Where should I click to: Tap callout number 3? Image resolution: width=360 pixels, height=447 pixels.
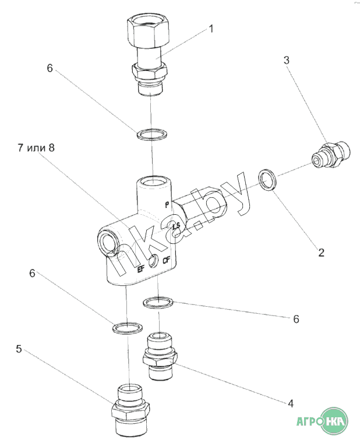click(x=287, y=60)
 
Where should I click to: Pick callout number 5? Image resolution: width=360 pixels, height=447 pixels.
click(x=19, y=349)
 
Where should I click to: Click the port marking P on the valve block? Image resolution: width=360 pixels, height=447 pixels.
click(x=167, y=204)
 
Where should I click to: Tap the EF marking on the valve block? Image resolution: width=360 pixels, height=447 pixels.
click(x=140, y=269)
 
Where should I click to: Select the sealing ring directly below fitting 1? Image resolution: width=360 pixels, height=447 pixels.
click(x=151, y=136)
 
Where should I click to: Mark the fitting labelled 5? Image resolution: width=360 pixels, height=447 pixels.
click(x=130, y=409)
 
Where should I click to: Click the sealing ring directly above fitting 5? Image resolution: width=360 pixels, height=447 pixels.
click(x=126, y=328)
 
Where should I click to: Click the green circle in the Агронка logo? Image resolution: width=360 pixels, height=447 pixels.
click(x=334, y=420)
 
